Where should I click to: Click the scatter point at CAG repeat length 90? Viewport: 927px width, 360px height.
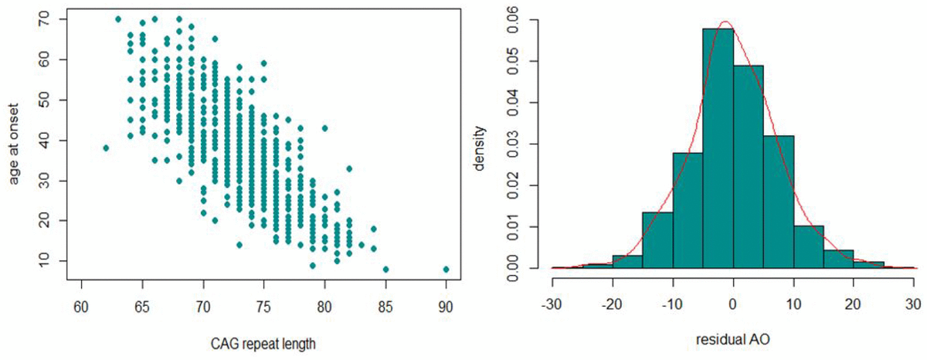coord(447,270)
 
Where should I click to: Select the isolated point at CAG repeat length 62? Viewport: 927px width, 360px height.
coord(106,148)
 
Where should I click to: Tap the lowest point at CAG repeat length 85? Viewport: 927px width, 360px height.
coord(385,270)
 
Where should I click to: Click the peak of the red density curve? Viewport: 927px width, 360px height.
coord(725,22)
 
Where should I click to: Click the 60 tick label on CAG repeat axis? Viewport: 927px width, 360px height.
coord(81,304)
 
